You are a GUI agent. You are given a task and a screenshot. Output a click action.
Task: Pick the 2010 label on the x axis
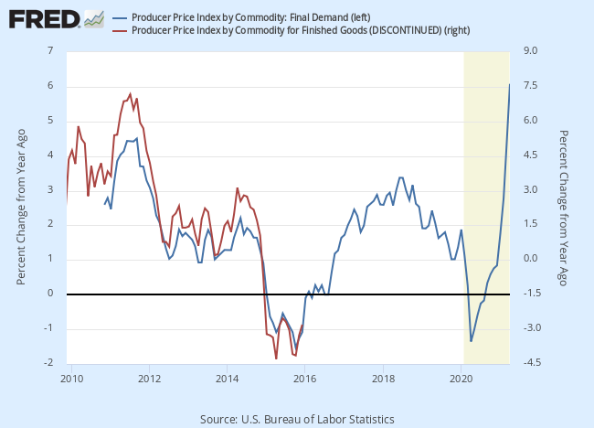point(71,377)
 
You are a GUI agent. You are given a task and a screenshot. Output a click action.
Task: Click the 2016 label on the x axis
point(305,377)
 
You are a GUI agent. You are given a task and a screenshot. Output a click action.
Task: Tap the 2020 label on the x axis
point(461,377)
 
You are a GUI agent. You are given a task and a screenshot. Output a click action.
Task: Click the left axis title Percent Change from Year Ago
point(21,207)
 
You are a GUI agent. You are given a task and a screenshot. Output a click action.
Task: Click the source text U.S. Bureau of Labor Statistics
point(297,419)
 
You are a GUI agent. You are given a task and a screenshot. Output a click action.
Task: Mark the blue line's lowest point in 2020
point(471,341)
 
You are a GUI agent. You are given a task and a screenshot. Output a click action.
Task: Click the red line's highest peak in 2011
point(130,93)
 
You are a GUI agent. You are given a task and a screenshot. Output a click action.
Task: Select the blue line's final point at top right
point(510,84)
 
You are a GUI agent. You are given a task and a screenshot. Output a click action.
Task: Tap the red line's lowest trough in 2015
point(275,358)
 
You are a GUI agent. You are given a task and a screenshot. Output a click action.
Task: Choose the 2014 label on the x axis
point(227,377)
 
